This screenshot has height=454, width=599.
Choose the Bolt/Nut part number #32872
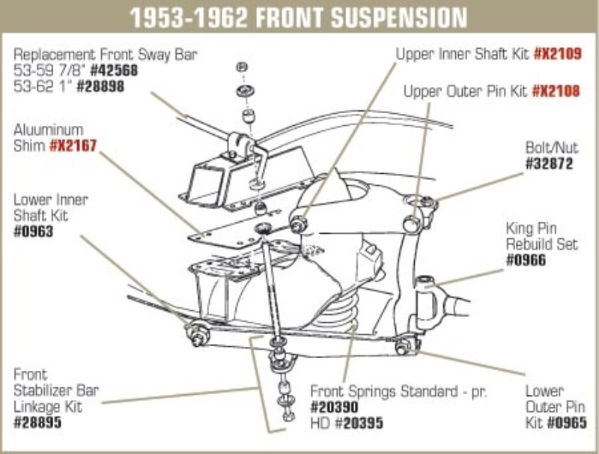pyautogui.click(x=552, y=162)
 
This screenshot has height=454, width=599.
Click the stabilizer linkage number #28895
pyautogui.click(x=37, y=423)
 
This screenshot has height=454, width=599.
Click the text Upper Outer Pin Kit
pyautogui.click(x=466, y=91)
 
